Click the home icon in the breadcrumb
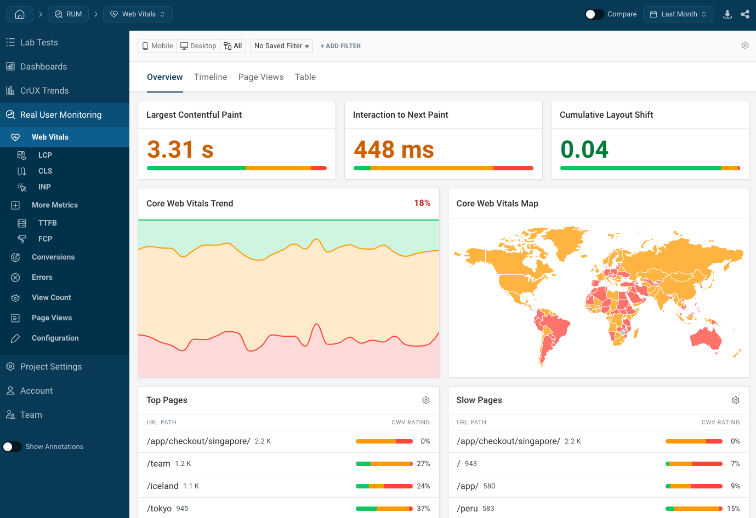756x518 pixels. (x=20, y=14)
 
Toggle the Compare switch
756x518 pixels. (x=594, y=14)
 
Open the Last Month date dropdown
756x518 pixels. (x=678, y=14)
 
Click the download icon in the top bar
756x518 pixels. (x=727, y=14)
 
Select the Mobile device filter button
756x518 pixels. (x=157, y=46)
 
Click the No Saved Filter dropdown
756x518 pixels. (x=281, y=46)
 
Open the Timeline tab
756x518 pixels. (x=211, y=77)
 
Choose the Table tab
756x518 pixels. (x=305, y=77)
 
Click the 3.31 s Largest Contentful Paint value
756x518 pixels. (x=180, y=149)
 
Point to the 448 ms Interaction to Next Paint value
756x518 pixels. (x=394, y=149)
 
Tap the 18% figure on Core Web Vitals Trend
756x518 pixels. (x=422, y=203)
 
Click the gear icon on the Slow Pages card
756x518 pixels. (x=735, y=400)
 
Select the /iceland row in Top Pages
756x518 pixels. (x=163, y=486)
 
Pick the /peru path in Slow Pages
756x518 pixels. (x=467, y=509)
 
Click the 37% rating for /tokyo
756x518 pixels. (x=423, y=509)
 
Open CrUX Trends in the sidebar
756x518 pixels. (x=44, y=91)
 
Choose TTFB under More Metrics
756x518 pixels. (x=48, y=223)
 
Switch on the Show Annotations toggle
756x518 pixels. (x=12, y=447)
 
